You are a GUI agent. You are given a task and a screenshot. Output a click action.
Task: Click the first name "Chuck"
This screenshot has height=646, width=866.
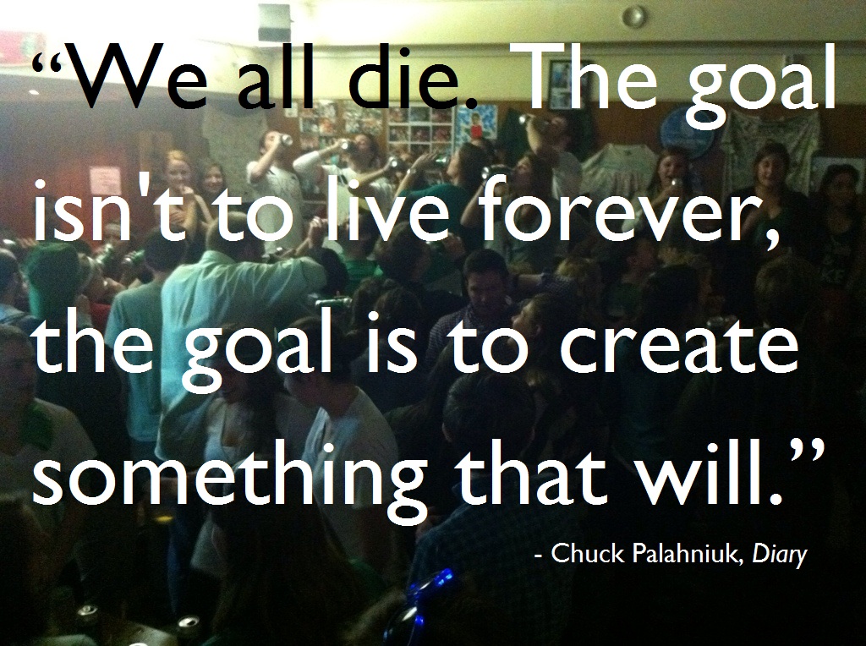pyautogui.click(x=587, y=553)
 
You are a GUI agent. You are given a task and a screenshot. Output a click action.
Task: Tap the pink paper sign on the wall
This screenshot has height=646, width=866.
pyautogui.click(x=105, y=181)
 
